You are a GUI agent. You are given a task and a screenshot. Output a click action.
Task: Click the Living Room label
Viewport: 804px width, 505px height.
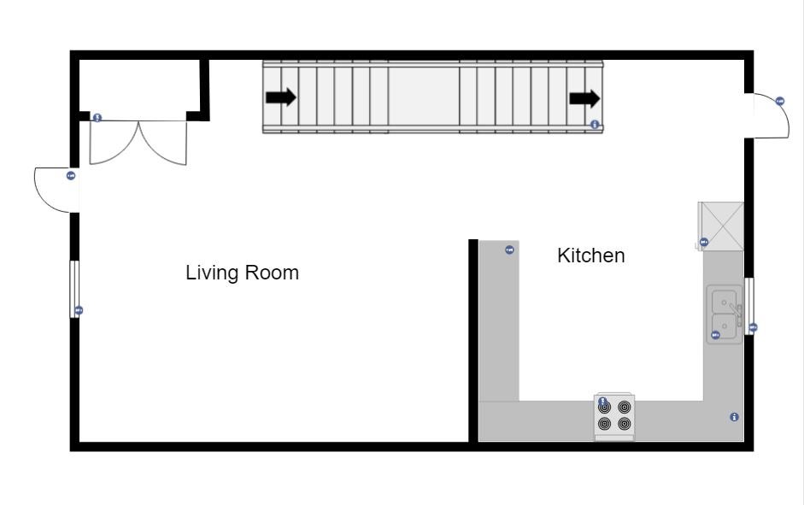click(242, 273)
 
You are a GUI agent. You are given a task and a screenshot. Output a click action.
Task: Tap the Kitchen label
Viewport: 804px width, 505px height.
click(590, 255)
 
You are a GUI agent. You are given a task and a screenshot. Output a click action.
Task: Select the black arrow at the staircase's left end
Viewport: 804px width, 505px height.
click(281, 97)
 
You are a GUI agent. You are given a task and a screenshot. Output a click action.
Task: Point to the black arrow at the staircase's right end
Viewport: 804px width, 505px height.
click(584, 98)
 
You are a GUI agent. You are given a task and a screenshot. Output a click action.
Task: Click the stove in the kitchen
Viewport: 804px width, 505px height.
click(614, 417)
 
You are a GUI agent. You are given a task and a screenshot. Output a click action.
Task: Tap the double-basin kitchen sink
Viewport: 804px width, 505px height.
click(725, 314)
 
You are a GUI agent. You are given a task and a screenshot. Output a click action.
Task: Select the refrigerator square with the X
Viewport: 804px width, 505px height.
click(722, 226)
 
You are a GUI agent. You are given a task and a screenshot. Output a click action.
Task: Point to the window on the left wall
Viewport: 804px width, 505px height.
click(74, 289)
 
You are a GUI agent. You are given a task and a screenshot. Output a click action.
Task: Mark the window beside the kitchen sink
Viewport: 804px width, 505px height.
click(749, 306)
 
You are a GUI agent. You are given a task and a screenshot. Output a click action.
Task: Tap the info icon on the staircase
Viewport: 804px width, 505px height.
click(595, 125)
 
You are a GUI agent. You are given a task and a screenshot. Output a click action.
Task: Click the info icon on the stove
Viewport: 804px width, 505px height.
click(602, 401)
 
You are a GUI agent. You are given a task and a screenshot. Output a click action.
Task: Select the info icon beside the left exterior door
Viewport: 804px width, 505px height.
click(71, 175)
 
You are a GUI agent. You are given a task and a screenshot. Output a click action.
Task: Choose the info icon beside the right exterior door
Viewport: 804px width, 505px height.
click(780, 101)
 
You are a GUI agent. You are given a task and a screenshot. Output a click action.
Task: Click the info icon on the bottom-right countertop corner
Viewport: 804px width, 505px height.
click(734, 417)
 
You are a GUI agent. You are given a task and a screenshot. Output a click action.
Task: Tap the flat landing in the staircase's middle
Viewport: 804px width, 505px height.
click(424, 97)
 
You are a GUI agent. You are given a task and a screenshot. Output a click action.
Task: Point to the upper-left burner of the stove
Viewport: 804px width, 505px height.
click(605, 408)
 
